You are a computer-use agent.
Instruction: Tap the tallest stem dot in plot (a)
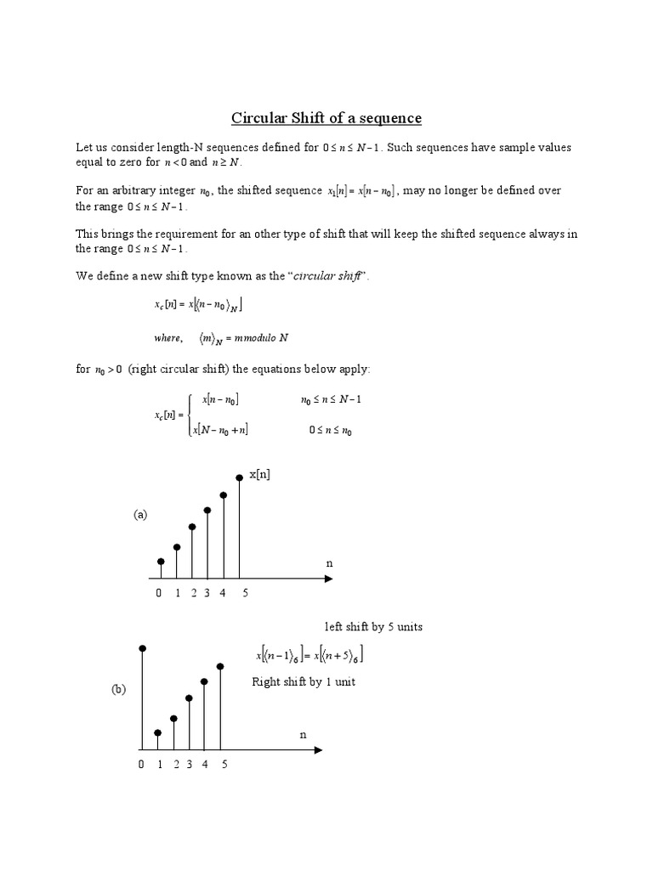pyautogui.click(x=240, y=477)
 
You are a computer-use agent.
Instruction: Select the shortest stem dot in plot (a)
pyautogui.click(x=161, y=562)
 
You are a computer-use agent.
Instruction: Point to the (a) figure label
pyautogui.click(x=139, y=515)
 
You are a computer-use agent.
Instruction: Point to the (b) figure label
pyautogui.click(x=118, y=690)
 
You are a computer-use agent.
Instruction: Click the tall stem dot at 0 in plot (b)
pyautogui.click(x=142, y=648)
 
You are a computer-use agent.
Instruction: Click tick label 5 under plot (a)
pyautogui.click(x=245, y=593)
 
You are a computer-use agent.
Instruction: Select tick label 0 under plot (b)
pyautogui.click(x=141, y=765)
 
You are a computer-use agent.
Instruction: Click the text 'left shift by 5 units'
pyautogui.click(x=373, y=627)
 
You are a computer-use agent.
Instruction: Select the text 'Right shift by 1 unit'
pyautogui.click(x=304, y=682)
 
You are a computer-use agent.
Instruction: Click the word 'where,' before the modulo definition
pyautogui.click(x=168, y=338)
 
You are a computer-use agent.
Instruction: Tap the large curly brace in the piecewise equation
pyautogui.click(x=190, y=415)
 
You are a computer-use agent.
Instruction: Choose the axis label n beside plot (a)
pyautogui.click(x=329, y=563)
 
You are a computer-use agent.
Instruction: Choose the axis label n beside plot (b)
pyautogui.click(x=302, y=733)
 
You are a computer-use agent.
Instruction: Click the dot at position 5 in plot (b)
pyautogui.click(x=220, y=666)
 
